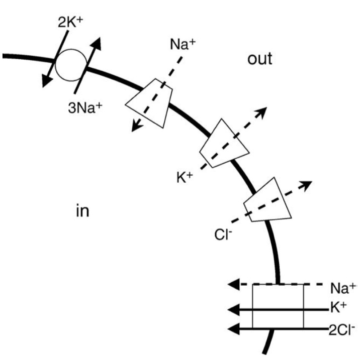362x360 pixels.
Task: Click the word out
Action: (259, 59)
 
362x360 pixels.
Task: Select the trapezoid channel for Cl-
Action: (267, 200)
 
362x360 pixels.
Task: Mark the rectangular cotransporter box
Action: (278, 307)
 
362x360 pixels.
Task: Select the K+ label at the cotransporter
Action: (340, 307)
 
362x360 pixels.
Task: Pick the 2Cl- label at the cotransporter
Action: (341, 329)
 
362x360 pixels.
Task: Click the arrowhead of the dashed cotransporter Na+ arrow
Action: (234, 285)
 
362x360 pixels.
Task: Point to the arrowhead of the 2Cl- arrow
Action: (234, 329)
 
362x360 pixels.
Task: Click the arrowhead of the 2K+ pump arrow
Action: (45, 79)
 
